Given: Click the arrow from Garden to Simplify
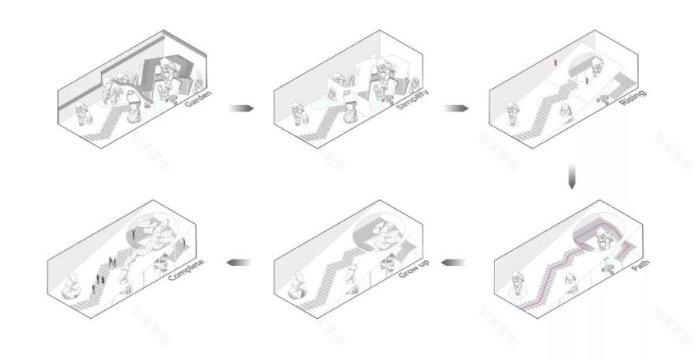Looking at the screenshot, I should (240, 108).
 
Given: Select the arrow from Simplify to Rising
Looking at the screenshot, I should (454, 108).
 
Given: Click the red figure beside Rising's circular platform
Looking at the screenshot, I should (587, 80).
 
